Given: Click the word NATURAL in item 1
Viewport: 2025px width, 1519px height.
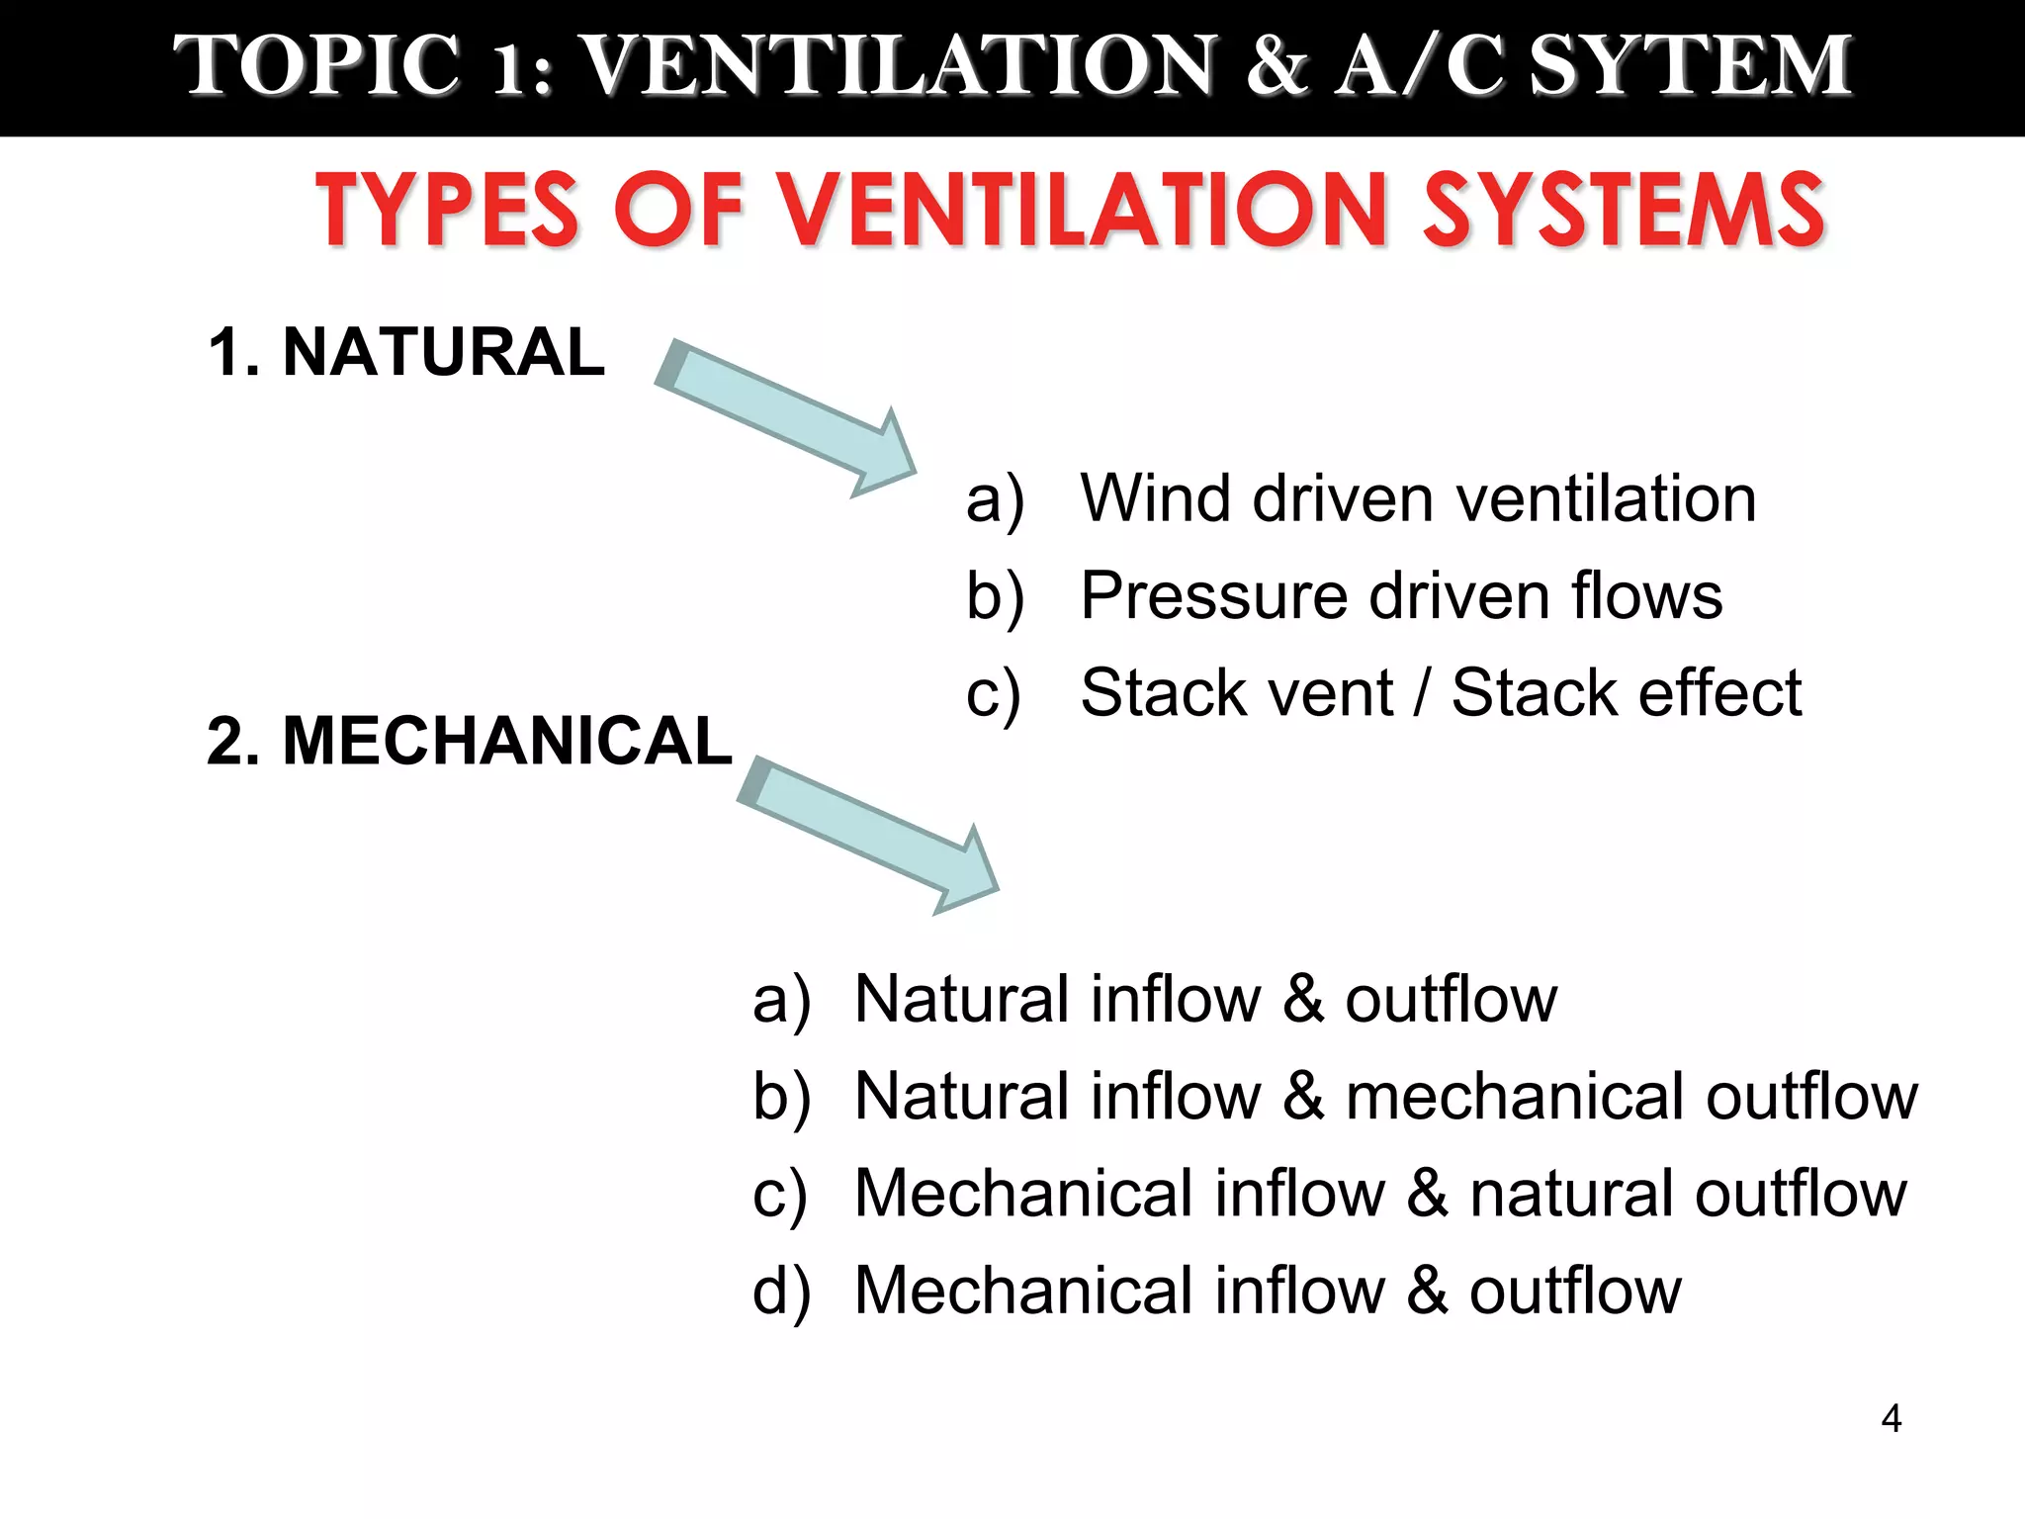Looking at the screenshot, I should tap(443, 352).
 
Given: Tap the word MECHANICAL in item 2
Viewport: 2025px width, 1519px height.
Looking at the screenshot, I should tap(506, 741).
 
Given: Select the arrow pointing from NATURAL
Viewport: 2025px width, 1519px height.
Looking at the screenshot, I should tap(785, 418).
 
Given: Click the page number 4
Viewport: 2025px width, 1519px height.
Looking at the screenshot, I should tap(1891, 1419).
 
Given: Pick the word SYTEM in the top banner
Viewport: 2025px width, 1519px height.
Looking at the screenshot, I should tap(1690, 65).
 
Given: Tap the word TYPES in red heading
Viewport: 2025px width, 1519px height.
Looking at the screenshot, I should tap(445, 210).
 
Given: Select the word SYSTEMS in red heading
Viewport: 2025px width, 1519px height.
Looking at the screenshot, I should tap(1623, 210).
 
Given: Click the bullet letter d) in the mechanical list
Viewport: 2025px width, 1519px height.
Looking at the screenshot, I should tap(781, 1291).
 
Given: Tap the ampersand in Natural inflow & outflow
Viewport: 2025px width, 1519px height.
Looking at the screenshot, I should tap(1303, 999).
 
